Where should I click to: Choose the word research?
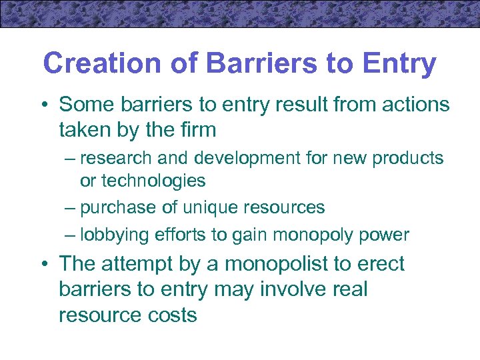[117, 159]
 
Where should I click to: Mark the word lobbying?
[114, 235]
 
